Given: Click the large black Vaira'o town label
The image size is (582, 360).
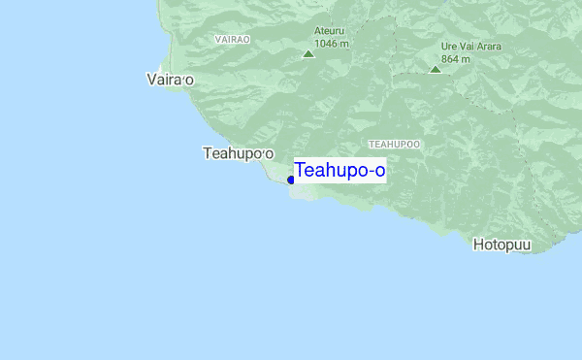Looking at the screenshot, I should pyautogui.click(x=169, y=80).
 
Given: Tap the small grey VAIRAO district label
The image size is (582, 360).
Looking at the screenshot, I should pyautogui.click(x=232, y=40).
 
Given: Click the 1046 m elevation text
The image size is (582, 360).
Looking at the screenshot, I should pyautogui.click(x=332, y=44).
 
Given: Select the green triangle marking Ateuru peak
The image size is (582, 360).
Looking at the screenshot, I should pyautogui.click(x=308, y=54).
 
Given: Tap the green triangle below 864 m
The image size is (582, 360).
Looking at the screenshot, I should pyautogui.click(x=435, y=69).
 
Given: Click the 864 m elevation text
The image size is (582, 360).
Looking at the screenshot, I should pyautogui.click(x=455, y=58).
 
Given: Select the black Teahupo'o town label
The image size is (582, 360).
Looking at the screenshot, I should pyautogui.click(x=239, y=153).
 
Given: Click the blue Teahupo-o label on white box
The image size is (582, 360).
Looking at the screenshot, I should pyautogui.click(x=339, y=171).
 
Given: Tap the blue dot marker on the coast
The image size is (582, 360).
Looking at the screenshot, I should pyautogui.click(x=291, y=180).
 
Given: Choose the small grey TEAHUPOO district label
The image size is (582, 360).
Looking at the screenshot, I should pyautogui.click(x=395, y=144).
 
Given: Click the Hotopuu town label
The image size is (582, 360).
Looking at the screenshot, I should pyautogui.click(x=502, y=245).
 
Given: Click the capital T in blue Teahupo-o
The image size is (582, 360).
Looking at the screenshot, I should pyautogui.click(x=301, y=171).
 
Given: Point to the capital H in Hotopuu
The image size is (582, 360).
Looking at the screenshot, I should pyautogui.click(x=479, y=245).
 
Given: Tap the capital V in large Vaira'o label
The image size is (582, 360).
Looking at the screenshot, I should pyautogui.click(x=149, y=80).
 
